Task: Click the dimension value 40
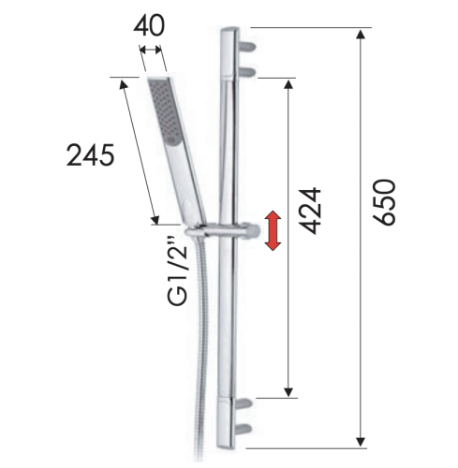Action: (149, 25)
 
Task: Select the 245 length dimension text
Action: (90, 154)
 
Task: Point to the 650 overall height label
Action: (385, 201)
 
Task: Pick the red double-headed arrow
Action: (273, 231)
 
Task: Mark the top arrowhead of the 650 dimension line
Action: (360, 35)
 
